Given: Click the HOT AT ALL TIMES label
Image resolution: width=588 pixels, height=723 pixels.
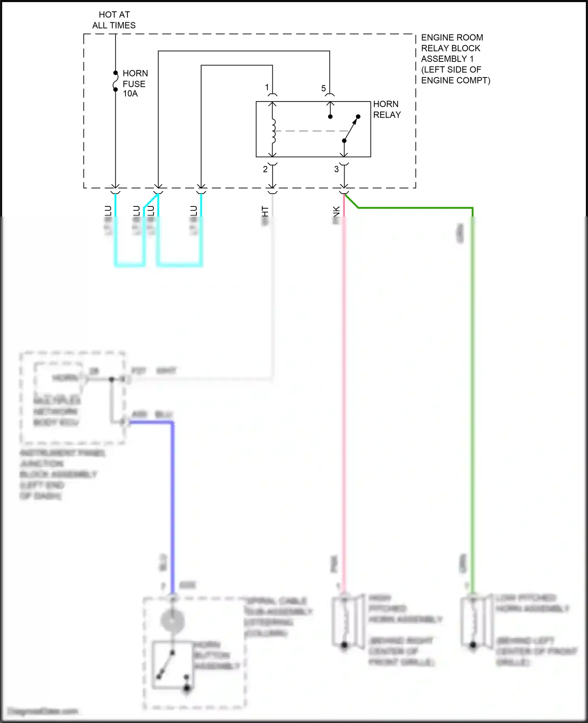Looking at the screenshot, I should [x=114, y=20].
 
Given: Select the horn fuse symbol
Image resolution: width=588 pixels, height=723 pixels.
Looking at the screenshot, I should [x=115, y=81].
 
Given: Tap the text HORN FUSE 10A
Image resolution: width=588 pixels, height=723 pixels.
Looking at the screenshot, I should [x=134, y=83].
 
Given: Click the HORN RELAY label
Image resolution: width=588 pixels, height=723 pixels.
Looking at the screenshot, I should [x=387, y=109].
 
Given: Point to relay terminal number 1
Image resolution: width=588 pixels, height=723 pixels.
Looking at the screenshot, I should [x=267, y=87].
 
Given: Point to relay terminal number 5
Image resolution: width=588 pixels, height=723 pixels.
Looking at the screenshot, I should [x=323, y=89].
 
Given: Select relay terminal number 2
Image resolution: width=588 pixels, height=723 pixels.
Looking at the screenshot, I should [x=265, y=169].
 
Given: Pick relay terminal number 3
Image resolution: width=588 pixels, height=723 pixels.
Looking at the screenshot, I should [x=336, y=169].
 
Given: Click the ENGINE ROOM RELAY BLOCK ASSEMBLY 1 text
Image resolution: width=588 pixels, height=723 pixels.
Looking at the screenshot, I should [x=455, y=59].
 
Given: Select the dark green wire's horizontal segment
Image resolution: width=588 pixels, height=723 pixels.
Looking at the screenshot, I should [x=416, y=208].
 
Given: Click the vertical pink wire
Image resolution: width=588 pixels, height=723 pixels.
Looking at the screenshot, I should [x=344, y=392].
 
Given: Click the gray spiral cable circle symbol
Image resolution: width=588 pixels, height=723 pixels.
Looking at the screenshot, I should [x=172, y=620].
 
